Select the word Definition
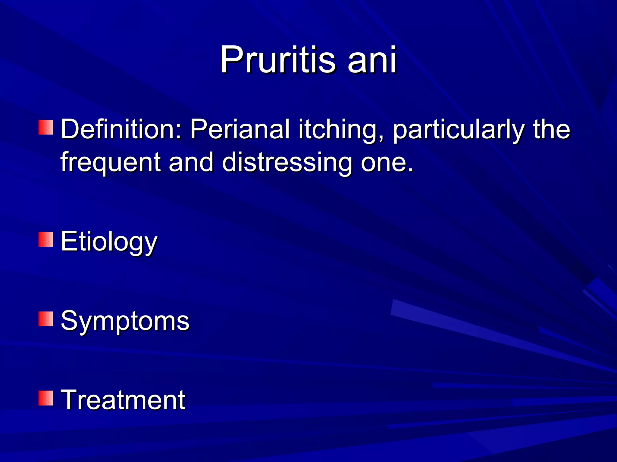(x=119, y=129)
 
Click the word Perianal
(x=240, y=129)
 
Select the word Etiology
(x=109, y=242)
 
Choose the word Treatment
(x=123, y=400)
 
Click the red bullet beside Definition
(x=46, y=127)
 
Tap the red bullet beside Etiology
(x=46, y=239)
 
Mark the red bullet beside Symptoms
(x=46, y=319)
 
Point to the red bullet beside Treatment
(x=46, y=398)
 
